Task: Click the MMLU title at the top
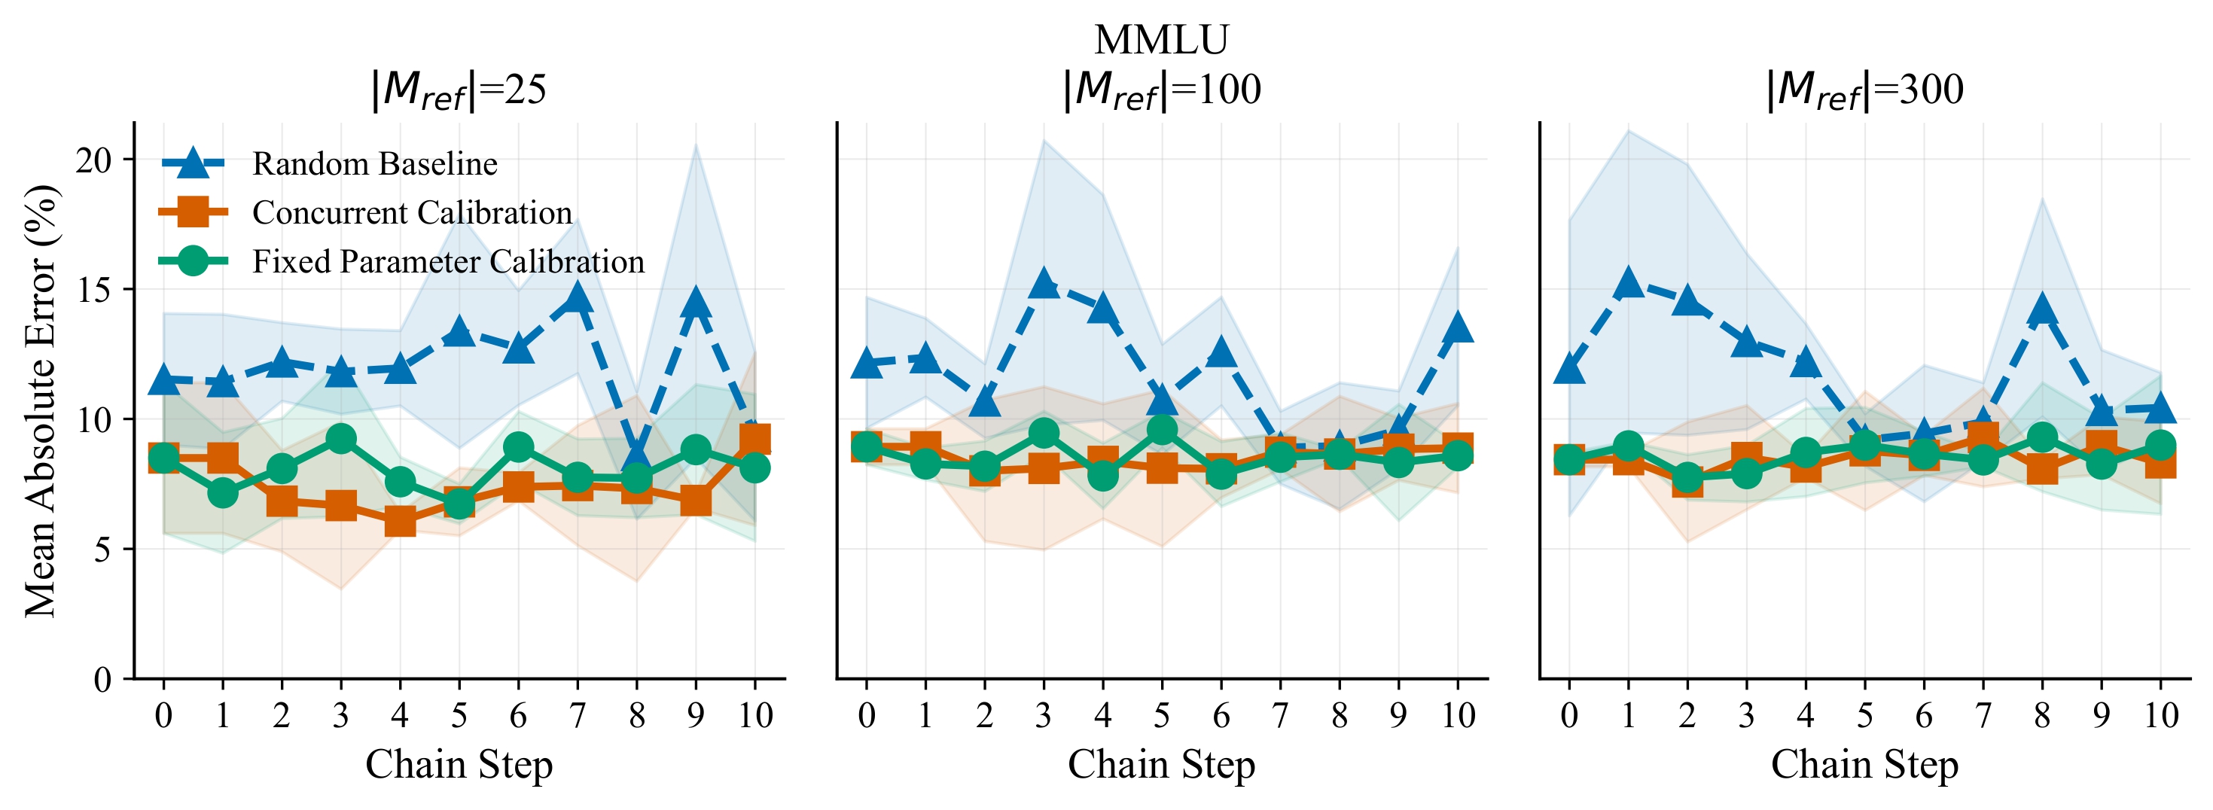1162,39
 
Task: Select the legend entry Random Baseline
374,163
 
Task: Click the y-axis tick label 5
102,549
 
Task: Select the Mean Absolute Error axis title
41,400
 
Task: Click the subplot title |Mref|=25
458,90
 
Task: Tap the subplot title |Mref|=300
1864,90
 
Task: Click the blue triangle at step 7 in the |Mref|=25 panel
578,298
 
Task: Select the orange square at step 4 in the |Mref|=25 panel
401,520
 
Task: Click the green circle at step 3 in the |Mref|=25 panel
341,439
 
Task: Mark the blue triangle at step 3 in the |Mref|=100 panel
1044,282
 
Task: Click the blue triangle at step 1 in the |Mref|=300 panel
1629,282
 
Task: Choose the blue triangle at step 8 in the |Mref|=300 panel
2042,309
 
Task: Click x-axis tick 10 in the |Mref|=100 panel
1458,714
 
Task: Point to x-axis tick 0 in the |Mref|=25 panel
163,714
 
